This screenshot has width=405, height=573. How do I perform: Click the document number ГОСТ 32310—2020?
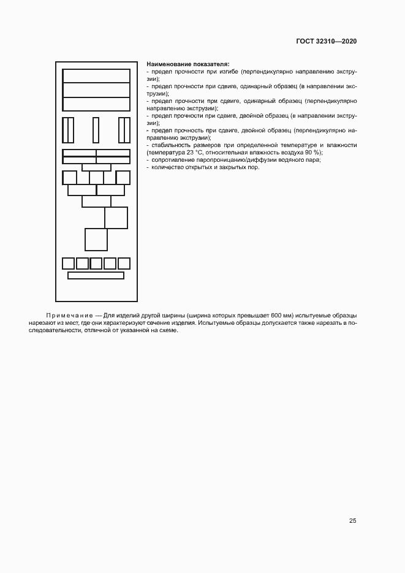[326, 41]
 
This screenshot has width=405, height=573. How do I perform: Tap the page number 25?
[352, 521]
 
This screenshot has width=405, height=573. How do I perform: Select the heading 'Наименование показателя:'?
[187, 64]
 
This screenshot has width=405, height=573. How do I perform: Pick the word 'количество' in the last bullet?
[164, 167]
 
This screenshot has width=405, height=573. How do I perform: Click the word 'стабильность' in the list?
[168, 145]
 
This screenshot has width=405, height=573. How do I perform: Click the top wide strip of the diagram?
[96, 75]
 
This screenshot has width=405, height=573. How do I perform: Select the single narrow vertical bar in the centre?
[96, 129]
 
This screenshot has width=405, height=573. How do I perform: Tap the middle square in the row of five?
[96, 264]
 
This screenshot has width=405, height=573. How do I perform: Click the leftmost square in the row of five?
[68, 264]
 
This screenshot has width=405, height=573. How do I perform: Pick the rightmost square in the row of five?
[124, 264]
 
